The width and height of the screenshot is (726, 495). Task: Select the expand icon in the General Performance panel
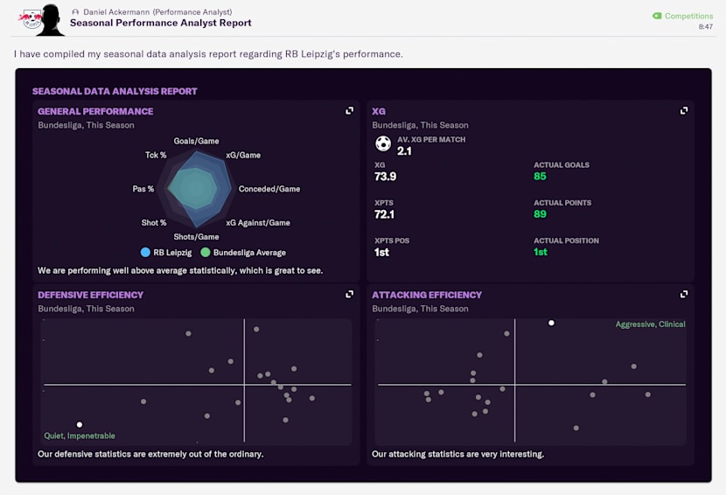(350, 111)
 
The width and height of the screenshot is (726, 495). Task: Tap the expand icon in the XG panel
(684, 111)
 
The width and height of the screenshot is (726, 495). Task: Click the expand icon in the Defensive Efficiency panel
(350, 295)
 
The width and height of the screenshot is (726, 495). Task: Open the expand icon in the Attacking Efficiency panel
(684, 295)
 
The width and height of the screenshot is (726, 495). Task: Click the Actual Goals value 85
(541, 177)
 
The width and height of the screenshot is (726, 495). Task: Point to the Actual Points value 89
(541, 214)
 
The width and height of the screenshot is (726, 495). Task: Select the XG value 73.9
(385, 177)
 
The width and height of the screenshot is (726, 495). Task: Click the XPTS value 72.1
(385, 214)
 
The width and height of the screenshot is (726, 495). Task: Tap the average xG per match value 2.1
(404, 151)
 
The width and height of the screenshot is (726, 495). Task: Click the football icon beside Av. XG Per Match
(382, 144)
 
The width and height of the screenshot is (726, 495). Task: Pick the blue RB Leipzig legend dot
(145, 253)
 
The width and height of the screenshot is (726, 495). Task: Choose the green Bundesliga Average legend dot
(206, 253)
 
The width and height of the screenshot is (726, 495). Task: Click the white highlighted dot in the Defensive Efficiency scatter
(80, 425)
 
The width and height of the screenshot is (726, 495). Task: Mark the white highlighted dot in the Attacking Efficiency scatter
(551, 323)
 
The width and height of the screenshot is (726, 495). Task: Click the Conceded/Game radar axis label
(269, 189)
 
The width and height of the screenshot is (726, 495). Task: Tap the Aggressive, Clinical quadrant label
(650, 324)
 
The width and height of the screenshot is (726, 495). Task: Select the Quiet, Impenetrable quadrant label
(80, 436)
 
